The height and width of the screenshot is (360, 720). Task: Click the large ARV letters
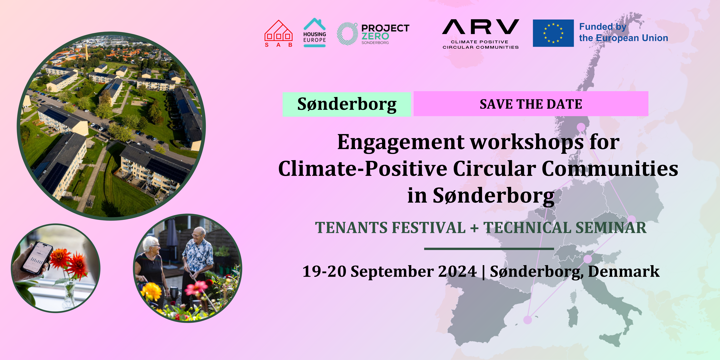coord(480,27)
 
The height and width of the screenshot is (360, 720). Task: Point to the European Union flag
coord(553,33)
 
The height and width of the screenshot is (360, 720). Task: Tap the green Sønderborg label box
coord(347,104)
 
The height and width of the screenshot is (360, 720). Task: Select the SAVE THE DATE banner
coord(531,104)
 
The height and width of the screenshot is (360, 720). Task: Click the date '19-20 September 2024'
coord(389,271)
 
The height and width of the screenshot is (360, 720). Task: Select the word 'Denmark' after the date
coord(624,271)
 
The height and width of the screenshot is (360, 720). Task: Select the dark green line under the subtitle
coord(489,248)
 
